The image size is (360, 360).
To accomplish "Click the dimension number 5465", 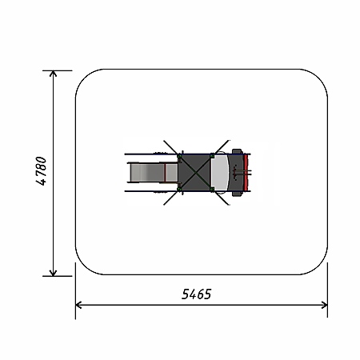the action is pyautogui.click(x=196, y=294).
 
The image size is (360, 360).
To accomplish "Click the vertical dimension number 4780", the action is pyautogui.click(x=41, y=171).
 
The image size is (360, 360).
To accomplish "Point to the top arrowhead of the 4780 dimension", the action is pyautogui.click(x=54, y=74).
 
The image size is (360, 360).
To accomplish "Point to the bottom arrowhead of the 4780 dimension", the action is pyautogui.click(x=54, y=273).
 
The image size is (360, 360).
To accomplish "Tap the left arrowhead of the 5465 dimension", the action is pyautogui.click(x=78, y=305).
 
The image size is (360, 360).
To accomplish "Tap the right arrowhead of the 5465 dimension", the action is pyautogui.click(x=325, y=305).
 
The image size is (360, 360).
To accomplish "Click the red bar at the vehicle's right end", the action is pyautogui.click(x=246, y=173).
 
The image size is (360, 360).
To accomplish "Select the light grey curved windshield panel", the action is pyautogui.click(x=219, y=173).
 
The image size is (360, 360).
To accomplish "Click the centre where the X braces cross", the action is pyautogui.click(x=196, y=172).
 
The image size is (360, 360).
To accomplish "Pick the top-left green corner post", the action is pyautogui.click(x=180, y=156).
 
